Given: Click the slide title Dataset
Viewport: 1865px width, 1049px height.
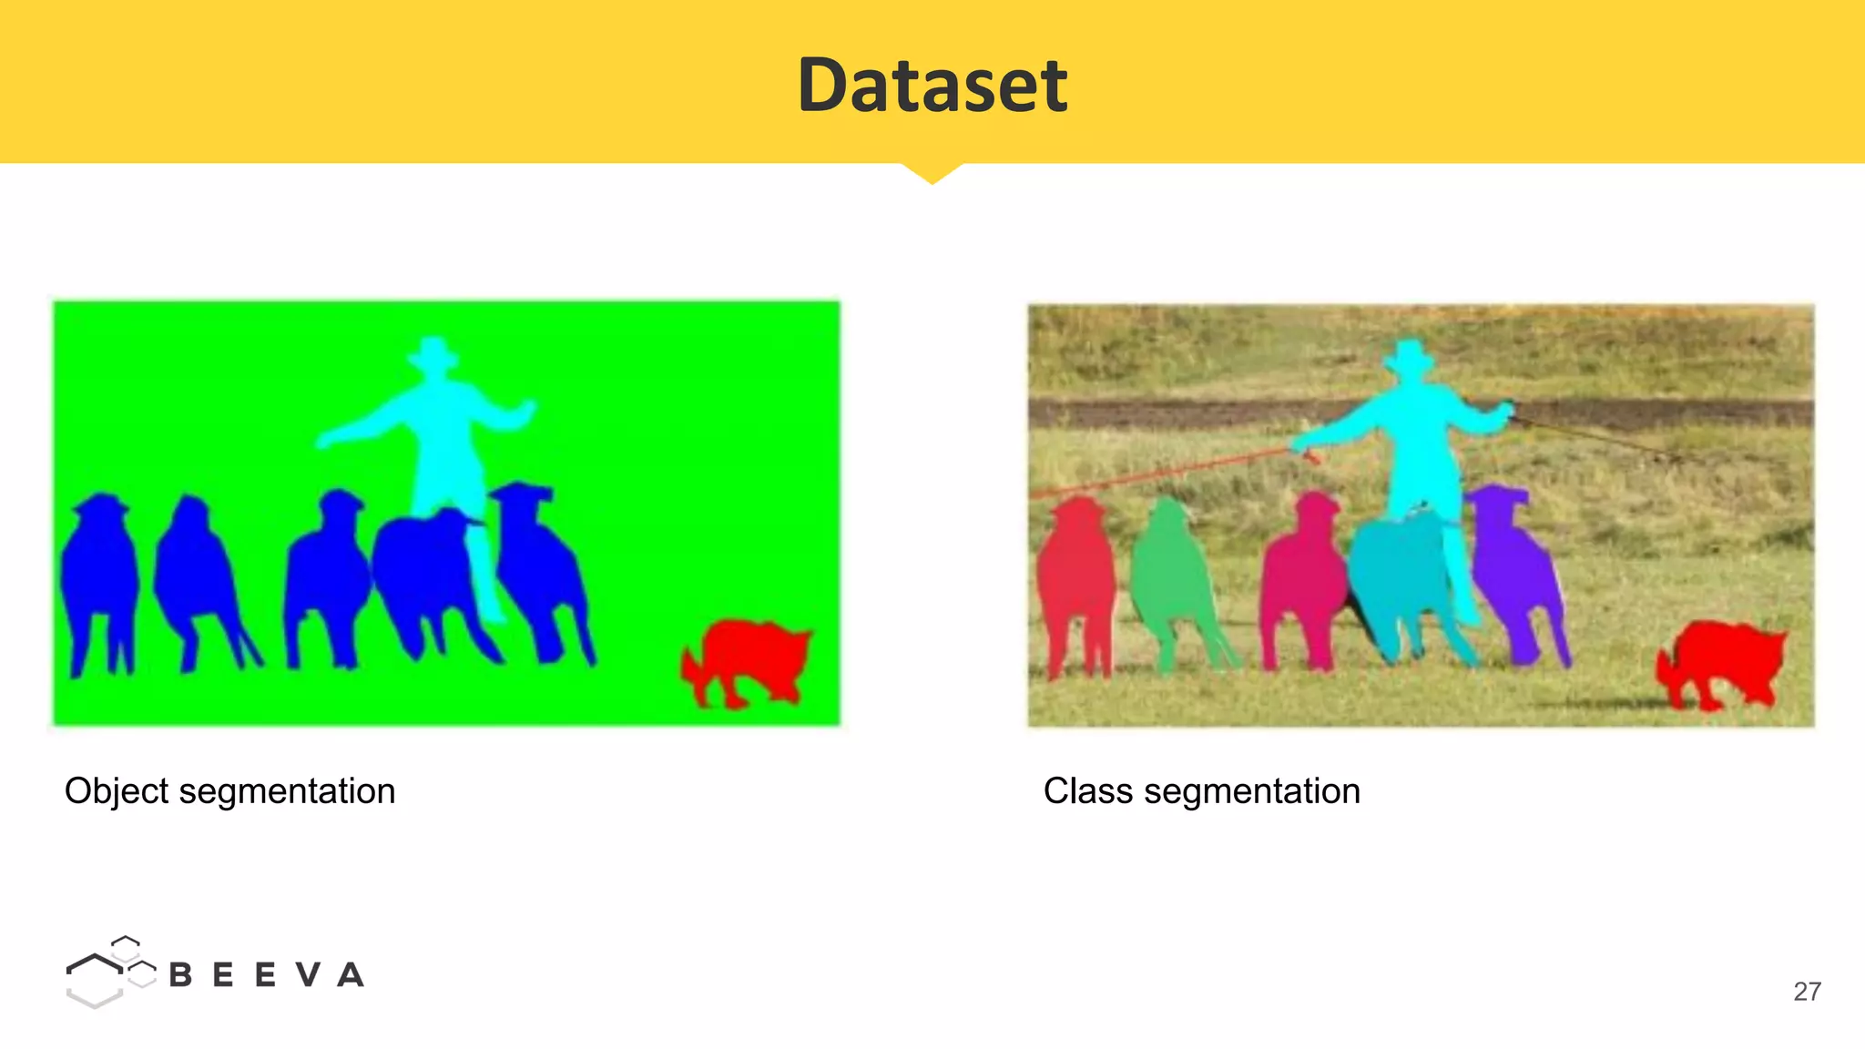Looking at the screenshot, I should coord(932,85).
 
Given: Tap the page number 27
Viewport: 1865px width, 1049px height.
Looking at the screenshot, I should coord(1807,991).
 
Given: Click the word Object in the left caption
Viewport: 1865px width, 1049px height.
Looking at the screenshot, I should coord(117,791).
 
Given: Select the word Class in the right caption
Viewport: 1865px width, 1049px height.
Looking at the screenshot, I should coord(1087,790).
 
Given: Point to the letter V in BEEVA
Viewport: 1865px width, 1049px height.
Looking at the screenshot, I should coord(309,975).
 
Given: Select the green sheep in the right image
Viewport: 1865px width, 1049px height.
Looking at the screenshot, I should coord(1173,583).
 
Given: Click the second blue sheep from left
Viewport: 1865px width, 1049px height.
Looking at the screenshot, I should coord(196,574).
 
